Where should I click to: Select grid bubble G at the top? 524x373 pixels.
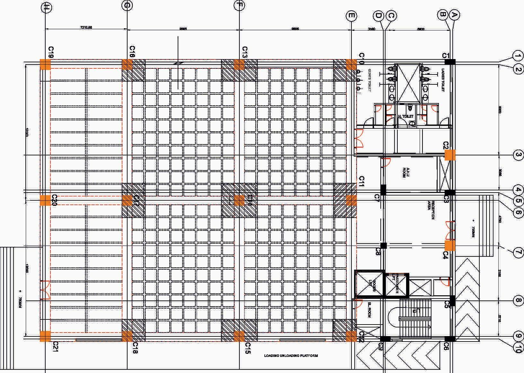click(128, 6)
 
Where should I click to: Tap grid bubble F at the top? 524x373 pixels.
click(239, 5)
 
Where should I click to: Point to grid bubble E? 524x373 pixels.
click(351, 15)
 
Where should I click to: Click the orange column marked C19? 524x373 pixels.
click(45, 64)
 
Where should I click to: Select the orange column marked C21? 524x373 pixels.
click(45, 336)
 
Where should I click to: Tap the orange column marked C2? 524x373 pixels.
click(450, 155)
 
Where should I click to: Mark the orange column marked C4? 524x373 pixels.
click(450, 246)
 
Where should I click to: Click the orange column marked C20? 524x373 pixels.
click(45, 200)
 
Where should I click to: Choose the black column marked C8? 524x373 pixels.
click(383, 246)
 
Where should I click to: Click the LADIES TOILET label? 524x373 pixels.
click(443, 80)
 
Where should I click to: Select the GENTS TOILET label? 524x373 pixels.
click(370, 80)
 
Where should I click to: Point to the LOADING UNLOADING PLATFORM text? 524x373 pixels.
click(291, 356)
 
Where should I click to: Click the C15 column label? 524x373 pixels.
click(247, 348)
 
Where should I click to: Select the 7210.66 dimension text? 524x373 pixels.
click(86, 28)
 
